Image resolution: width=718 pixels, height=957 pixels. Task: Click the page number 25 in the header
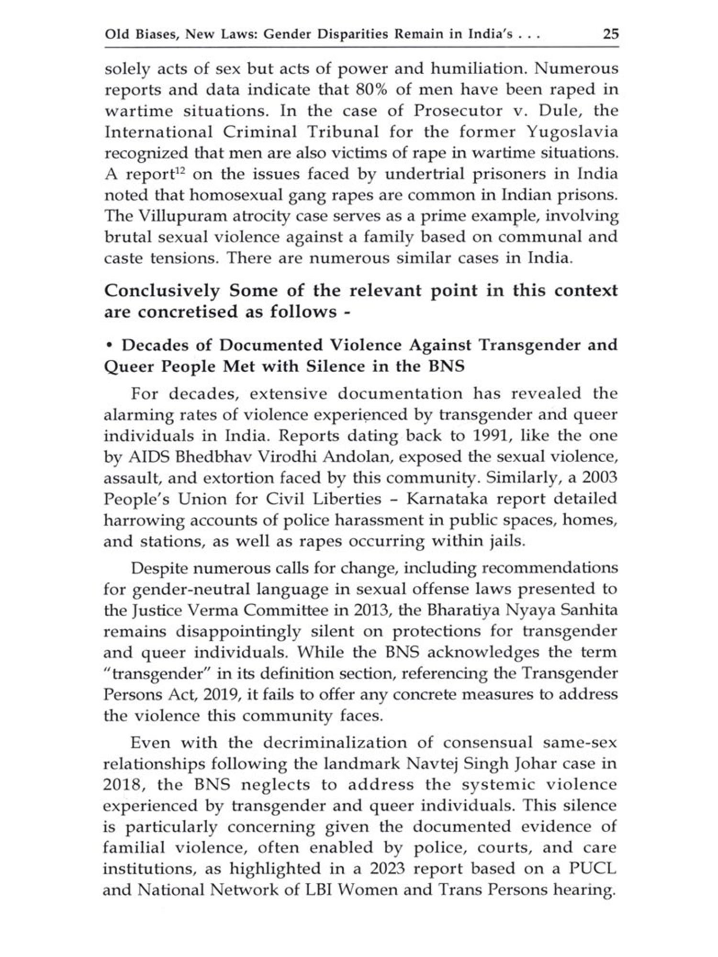[611, 34]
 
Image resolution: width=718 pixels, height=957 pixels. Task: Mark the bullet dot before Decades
[110, 345]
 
